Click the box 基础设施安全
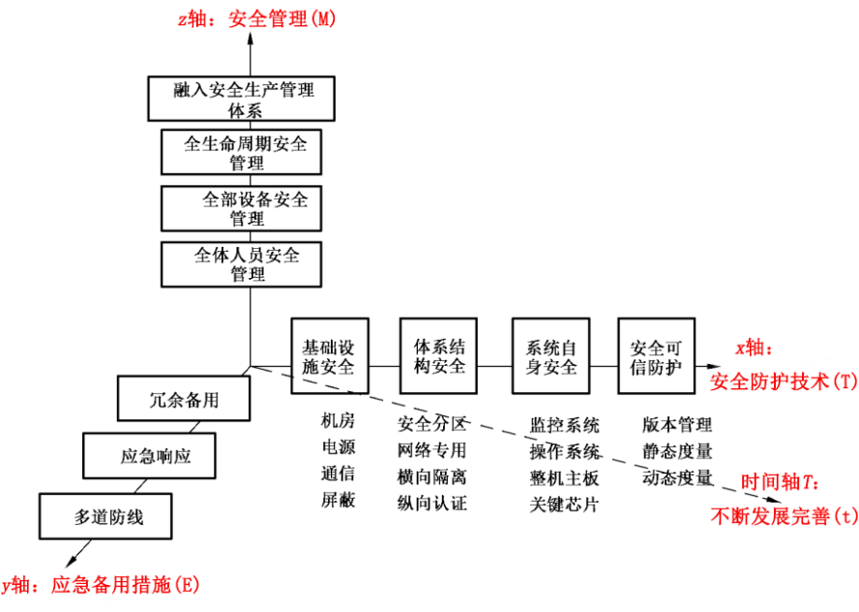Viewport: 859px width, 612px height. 329,355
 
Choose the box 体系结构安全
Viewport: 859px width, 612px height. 440,355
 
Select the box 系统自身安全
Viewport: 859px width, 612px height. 551,355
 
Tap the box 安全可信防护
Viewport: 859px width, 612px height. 658,355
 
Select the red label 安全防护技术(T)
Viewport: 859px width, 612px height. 784,381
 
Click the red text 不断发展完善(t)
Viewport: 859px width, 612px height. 784,516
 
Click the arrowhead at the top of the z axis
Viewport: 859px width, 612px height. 250,39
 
